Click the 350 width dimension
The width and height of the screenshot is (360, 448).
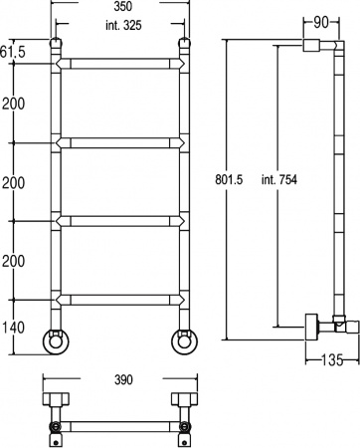pos(119,6)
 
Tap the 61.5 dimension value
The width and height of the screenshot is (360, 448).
pos(13,51)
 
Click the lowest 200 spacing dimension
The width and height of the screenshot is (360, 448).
pos(14,261)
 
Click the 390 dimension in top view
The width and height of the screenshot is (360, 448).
pos(119,381)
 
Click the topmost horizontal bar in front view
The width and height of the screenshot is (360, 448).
pos(119,64)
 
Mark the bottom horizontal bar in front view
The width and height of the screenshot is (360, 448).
pos(119,298)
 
